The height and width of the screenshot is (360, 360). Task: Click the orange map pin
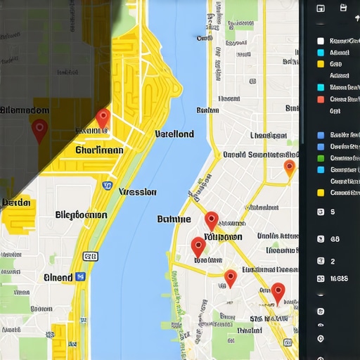pyautogui.click(x=289, y=167)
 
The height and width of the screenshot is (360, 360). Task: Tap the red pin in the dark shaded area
pyautogui.click(x=39, y=129)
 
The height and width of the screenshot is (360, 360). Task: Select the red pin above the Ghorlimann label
pyautogui.click(x=103, y=118)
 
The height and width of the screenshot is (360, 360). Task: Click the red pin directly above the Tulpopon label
pyautogui.click(x=212, y=219)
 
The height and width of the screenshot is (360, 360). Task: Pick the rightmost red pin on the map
pyautogui.click(x=278, y=291)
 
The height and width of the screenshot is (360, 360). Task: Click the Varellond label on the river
pyautogui.click(x=174, y=134)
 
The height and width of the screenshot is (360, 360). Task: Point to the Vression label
pyautogui.click(x=138, y=191)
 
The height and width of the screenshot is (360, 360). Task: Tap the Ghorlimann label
pyautogui.click(x=99, y=150)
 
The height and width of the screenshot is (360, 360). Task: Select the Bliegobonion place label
pyautogui.click(x=81, y=215)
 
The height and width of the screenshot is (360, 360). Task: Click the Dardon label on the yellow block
pyautogui.click(x=17, y=202)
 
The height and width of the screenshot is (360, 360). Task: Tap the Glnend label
pyautogui.click(x=58, y=277)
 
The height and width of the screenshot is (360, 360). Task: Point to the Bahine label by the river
pyautogui.click(x=174, y=219)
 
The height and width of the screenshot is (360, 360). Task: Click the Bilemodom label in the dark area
pyautogui.click(x=25, y=110)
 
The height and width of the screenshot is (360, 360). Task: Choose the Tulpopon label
pyautogui.click(x=223, y=238)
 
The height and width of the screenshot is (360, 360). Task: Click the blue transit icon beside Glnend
pyautogui.click(x=80, y=277)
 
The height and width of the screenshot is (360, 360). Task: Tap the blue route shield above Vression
pyautogui.click(x=108, y=186)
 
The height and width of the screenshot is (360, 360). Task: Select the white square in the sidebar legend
pyautogui.click(x=321, y=41)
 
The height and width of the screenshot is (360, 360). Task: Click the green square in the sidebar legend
pyautogui.click(x=321, y=169)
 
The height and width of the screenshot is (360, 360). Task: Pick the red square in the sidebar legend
pyautogui.click(x=321, y=99)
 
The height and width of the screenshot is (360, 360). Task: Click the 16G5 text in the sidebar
pyautogui.click(x=340, y=279)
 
